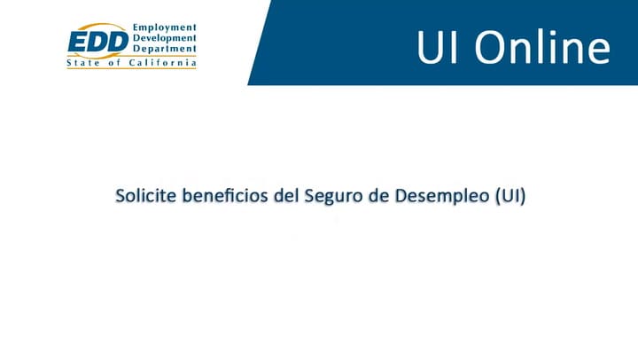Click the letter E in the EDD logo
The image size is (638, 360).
78,41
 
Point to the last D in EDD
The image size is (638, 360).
117,41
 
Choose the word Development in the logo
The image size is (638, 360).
166,39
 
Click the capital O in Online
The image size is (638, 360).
486,48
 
